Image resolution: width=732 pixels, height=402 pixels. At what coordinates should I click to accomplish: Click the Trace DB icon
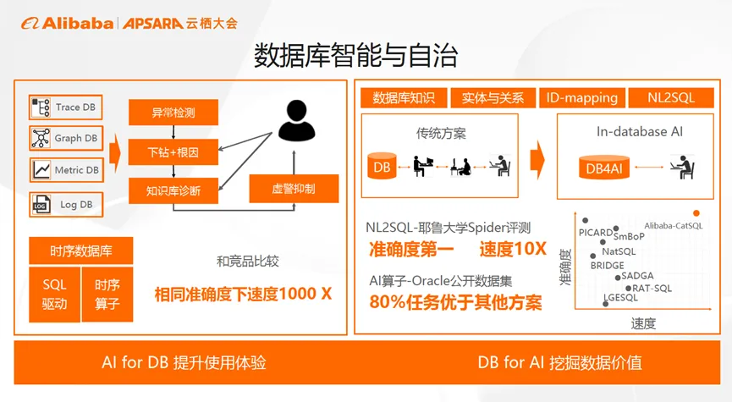pos(41,107)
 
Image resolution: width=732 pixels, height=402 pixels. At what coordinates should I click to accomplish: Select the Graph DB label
pos(76,138)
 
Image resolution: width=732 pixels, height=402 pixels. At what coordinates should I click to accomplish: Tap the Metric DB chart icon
pos(41,170)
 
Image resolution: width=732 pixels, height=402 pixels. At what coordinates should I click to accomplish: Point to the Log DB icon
pos(41,204)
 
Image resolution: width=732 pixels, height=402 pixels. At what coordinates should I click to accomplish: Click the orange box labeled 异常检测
pos(173,112)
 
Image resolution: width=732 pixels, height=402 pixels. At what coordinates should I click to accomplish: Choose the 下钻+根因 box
pos(173,151)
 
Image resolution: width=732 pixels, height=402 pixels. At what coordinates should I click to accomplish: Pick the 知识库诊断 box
pos(173,190)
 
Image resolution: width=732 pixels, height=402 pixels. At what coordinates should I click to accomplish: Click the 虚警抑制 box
pos(294,188)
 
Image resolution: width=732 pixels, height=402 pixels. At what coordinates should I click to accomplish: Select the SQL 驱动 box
pos(54,295)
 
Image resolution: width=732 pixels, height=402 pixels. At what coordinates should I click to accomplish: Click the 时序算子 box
pos(107,295)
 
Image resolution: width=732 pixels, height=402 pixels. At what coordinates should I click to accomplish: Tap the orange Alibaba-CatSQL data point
pos(696,212)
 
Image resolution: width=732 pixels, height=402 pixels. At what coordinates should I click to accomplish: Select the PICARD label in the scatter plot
pos(595,231)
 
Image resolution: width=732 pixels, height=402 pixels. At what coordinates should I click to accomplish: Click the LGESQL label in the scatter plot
pos(621,298)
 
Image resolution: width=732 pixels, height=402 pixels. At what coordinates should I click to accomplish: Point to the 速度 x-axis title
pos(643,323)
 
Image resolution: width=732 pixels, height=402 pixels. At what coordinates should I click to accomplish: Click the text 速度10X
pos(513,250)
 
